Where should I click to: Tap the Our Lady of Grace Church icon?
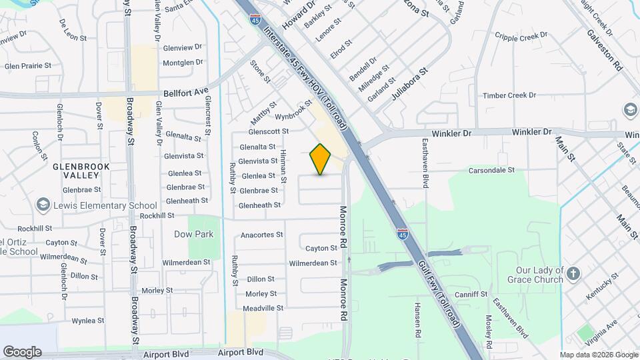tap(573, 273)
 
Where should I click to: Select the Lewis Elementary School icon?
tap(44, 205)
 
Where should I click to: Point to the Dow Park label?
tap(193, 234)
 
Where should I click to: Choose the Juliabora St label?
tap(409, 83)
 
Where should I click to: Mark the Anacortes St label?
tap(262, 235)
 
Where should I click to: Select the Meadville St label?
tap(263, 308)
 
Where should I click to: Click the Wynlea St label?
tap(89, 321)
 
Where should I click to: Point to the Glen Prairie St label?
tap(28, 65)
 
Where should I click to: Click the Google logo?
tap(22, 351)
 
